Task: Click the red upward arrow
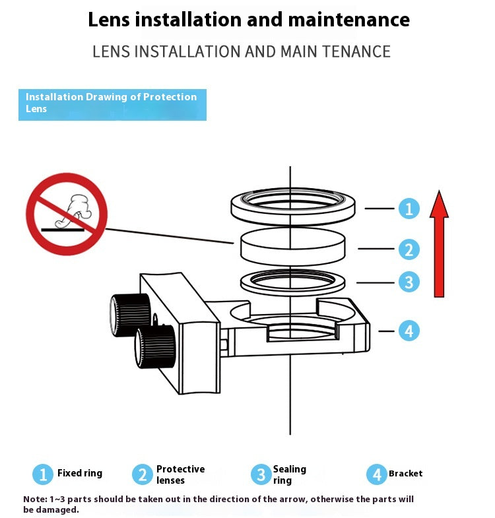(x=439, y=247)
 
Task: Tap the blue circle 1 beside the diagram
(x=409, y=209)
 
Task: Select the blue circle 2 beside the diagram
(x=409, y=249)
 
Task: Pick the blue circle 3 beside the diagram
(x=409, y=282)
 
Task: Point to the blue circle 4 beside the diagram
(x=409, y=331)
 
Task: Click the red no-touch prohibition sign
(x=67, y=214)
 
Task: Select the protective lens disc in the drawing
(x=292, y=247)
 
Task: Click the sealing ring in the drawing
(x=292, y=283)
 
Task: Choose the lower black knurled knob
(x=154, y=346)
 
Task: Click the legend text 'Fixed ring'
(x=80, y=473)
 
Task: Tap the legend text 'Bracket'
(x=405, y=473)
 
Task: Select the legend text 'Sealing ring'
(x=289, y=474)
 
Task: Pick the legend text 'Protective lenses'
(x=180, y=474)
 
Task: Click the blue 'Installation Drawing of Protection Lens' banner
(x=112, y=104)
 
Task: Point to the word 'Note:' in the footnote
(x=35, y=500)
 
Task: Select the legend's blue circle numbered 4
(x=377, y=474)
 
